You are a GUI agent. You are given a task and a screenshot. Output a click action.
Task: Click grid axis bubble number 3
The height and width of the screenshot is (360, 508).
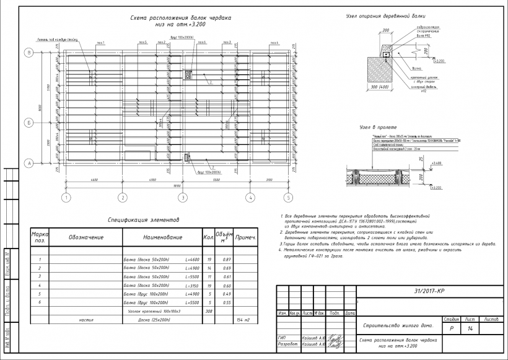[x=183, y=198]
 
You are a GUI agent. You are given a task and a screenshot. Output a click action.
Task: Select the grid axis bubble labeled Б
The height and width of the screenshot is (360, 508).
[x=28, y=123]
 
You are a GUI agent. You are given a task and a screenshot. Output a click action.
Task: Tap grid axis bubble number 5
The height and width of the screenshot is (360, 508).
[x=288, y=198]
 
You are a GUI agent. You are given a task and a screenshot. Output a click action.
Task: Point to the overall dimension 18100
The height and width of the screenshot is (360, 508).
[x=177, y=185]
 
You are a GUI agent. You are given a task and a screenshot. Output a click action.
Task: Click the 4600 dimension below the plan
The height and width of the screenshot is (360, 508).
[x=94, y=179]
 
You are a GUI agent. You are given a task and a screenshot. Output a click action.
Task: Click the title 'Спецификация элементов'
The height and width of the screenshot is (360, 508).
[x=143, y=220]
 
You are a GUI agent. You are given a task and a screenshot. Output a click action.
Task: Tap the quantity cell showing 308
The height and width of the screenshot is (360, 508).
[x=209, y=311]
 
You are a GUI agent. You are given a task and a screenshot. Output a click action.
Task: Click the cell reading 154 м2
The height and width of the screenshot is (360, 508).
[x=243, y=320]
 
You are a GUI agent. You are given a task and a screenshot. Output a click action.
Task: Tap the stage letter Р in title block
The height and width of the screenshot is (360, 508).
[x=451, y=329]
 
